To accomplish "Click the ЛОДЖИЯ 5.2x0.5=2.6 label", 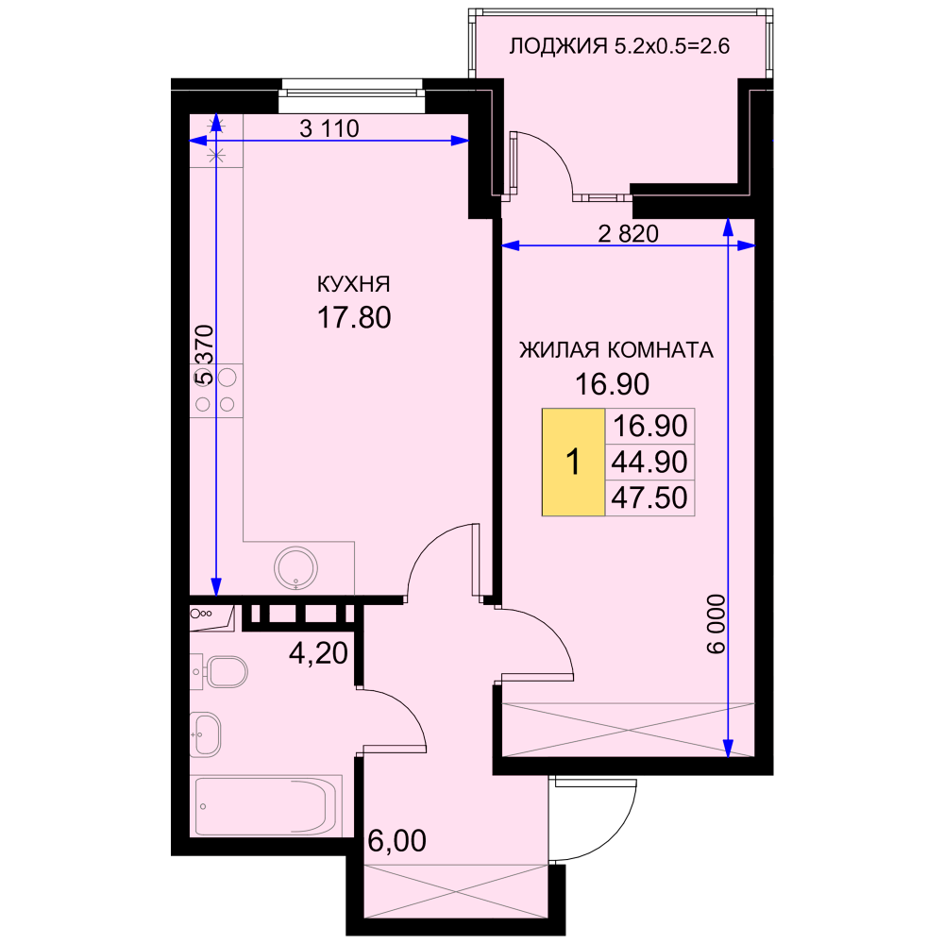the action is click(619, 46).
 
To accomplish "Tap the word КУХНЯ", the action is click(353, 284).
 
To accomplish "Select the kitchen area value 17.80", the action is click(354, 317).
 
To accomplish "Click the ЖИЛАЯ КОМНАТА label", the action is click(615, 350).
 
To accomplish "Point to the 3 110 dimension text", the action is click(329, 128).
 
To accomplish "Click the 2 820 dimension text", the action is click(628, 233).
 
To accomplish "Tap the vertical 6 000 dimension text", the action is click(716, 624).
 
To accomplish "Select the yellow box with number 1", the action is click(573, 463).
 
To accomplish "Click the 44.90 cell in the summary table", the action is click(649, 463).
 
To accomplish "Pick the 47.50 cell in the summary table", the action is click(649, 498).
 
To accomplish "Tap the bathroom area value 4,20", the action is click(318, 652).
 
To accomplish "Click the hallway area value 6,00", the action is click(396, 840).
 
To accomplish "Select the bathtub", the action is click(266, 806).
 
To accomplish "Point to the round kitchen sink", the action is click(295, 567).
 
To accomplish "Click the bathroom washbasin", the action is click(205, 734).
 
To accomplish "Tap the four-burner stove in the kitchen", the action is click(216, 390).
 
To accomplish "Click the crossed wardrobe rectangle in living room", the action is click(628, 730).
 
